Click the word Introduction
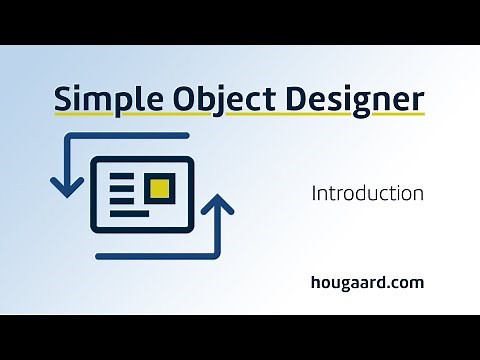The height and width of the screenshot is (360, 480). [x=367, y=192]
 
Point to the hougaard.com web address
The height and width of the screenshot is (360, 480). [x=367, y=282]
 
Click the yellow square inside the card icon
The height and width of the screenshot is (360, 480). [x=158, y=187]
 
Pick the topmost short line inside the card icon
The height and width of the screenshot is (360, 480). [x=121, y=175]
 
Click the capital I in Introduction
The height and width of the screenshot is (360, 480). [x=314, y=192]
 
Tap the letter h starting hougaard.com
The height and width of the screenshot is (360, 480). [x=315, y=282]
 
